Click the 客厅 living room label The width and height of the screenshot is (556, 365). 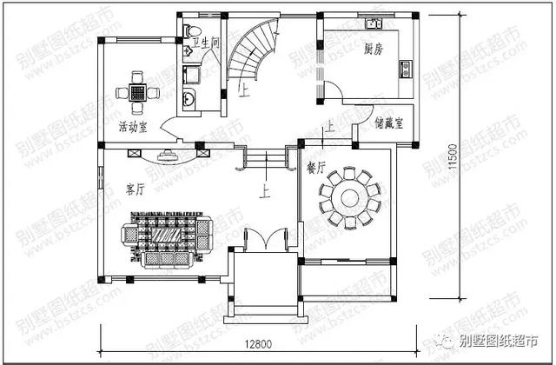click(135, 189)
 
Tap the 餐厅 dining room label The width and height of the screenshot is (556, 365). click(316, 166)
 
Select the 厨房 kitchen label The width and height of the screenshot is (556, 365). click(375, 49)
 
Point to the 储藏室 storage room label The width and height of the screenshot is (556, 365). click(388, 123)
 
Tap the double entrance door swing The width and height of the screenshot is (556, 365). click(265, 239)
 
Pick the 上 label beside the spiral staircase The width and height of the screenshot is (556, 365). click(244, 90)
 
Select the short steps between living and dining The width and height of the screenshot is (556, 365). click(267, 160)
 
